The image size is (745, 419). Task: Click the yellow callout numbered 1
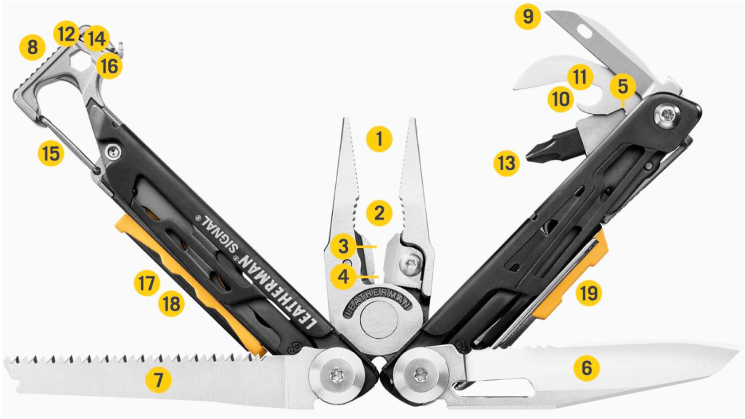[x=379, y=139]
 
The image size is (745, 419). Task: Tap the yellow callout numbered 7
[x=158, y=380]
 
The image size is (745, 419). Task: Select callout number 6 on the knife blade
[x=586, y=367]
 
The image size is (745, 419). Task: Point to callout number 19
[x=589, y=293]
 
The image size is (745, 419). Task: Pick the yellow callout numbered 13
[x=506, y=163]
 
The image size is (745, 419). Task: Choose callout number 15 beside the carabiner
[x=51, y=153]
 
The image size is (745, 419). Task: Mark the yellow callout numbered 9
[x=528, y=16]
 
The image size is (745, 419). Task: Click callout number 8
[x=32, y=47]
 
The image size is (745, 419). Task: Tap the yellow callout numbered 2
[x=379, y=213]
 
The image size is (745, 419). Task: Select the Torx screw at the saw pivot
[x=336, y=374]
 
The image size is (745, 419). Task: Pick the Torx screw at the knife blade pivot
[x=420, y=375]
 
